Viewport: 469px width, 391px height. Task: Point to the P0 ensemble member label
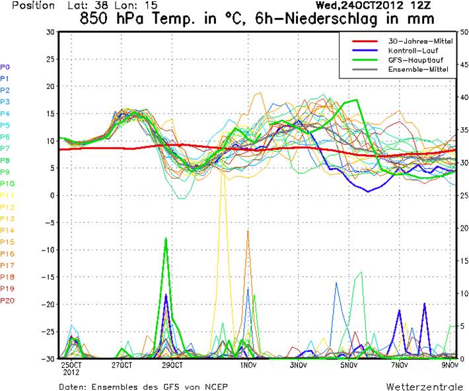5,67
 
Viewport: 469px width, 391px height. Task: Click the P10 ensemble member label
7,183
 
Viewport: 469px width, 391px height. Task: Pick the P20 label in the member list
7,300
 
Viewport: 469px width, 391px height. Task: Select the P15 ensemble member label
7,242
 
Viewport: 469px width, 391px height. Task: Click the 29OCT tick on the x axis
171,365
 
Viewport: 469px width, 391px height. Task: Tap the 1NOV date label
248,365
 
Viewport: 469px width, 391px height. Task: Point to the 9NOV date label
450,365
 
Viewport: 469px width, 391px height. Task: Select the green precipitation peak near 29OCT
166,239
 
